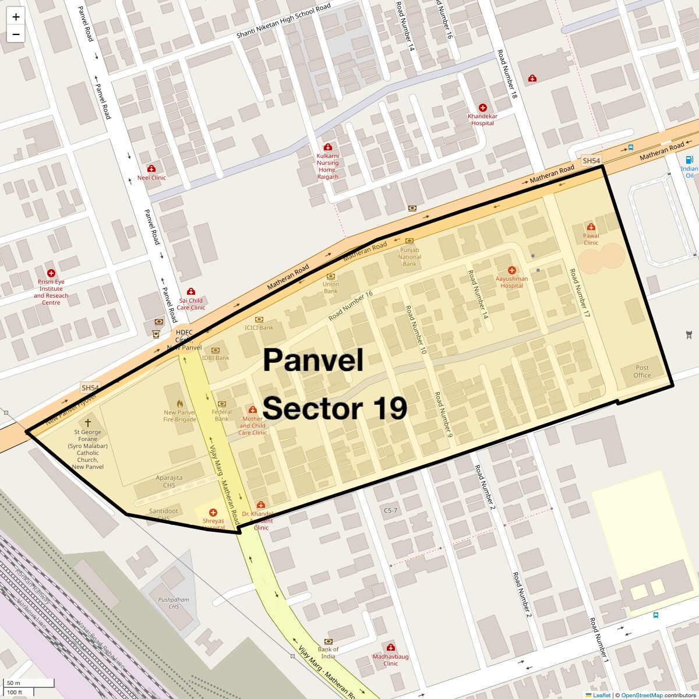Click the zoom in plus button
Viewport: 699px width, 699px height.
pos(16,17)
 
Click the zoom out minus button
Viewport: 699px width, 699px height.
pos(16,34)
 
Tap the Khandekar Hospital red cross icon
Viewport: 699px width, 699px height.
pos(482,108)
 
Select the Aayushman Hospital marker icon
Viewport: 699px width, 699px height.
pos(511,270)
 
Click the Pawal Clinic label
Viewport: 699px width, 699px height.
pos(591,239)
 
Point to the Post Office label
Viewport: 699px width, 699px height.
pos(642,371)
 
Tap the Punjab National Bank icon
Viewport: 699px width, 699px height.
pos(409,241)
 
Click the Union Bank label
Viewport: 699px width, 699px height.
pos(331,288)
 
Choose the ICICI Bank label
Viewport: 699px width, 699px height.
pos(259,328)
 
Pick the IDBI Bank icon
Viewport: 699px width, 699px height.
pos(216,350)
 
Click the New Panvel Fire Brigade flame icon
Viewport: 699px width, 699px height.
pos(180,403)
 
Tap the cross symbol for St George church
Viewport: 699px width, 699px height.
pos(88,423)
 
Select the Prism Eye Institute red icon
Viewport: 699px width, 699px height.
pos(51,273)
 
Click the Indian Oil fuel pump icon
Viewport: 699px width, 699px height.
pos(690,160)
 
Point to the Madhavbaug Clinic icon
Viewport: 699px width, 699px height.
pos(391,647)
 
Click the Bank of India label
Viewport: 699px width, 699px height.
pos(329,653)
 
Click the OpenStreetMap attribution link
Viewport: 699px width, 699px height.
pos(641,695)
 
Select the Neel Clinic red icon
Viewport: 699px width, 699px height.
pos(151,169)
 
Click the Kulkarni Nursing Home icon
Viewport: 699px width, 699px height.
pos(327,147)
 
